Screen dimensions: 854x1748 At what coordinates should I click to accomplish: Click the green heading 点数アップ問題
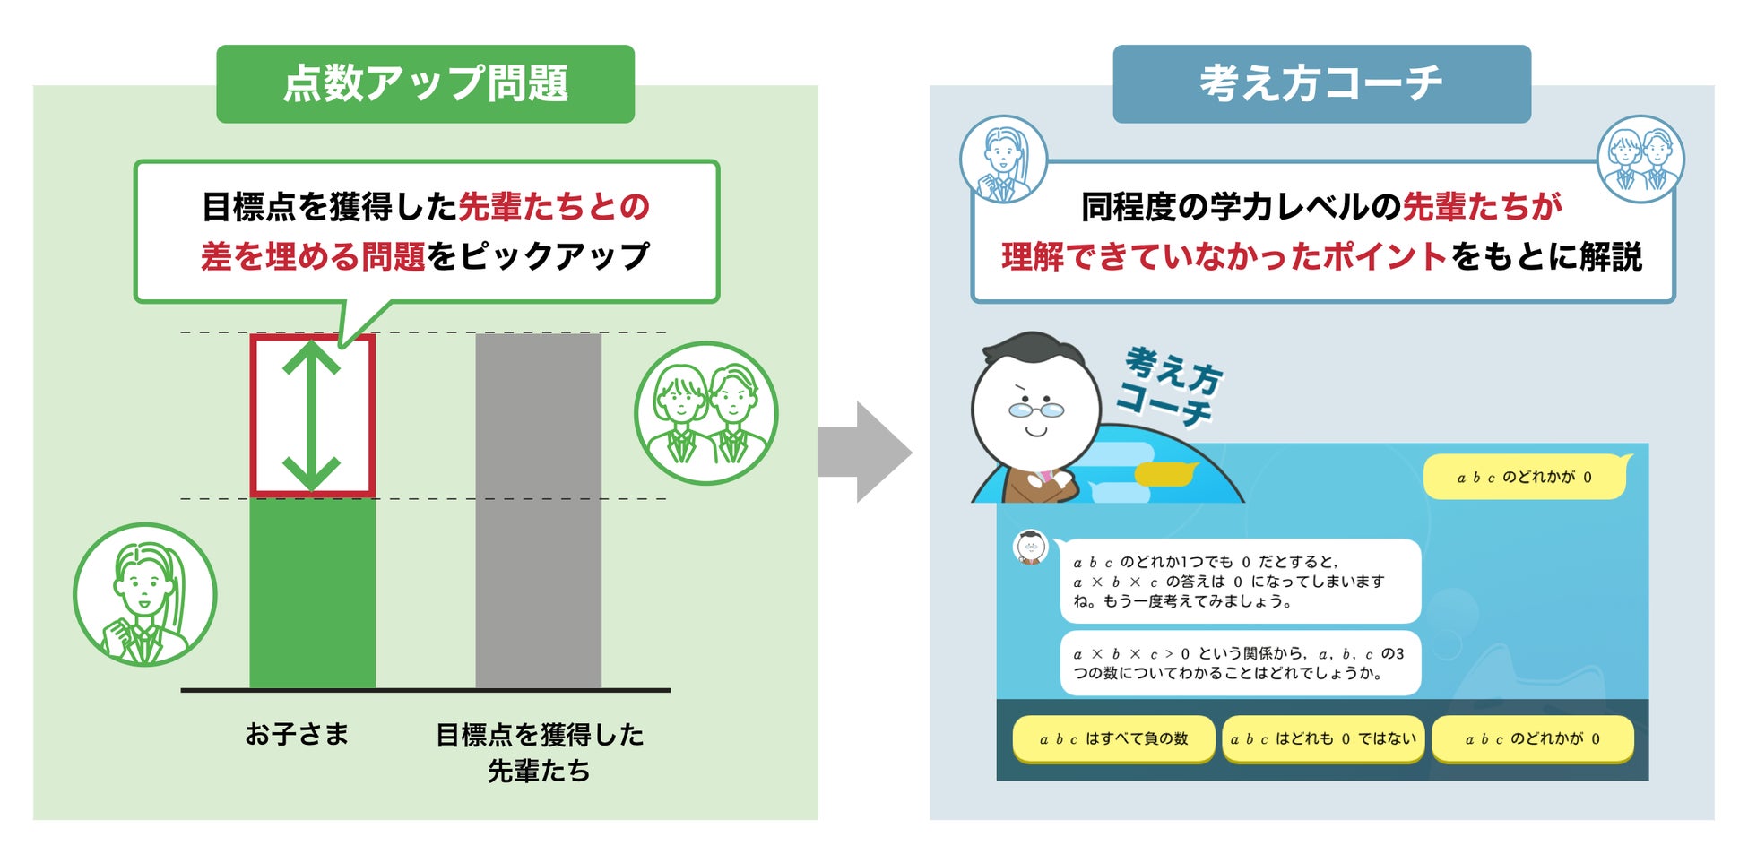[425, 83]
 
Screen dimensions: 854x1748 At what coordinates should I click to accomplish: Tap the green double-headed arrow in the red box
[311, 416]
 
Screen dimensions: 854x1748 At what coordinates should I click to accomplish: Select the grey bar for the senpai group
[538, 511]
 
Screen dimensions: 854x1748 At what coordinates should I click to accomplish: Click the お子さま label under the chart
[297, 735]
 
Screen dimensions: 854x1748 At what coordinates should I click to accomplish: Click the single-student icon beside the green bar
[144, 594]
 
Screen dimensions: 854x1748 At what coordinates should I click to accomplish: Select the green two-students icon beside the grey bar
[705, 413]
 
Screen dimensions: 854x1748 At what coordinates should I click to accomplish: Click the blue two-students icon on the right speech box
[1640, 159]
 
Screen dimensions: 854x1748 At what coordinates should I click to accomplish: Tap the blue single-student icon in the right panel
[1003, 159]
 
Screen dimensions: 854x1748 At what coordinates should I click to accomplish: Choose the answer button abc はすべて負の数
[1113, 739]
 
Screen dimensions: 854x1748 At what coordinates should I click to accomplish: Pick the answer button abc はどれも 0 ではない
[1323, 739]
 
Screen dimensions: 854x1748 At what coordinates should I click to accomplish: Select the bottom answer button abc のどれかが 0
[1532, 739]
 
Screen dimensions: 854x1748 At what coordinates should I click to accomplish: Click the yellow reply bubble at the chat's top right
[1524, 478]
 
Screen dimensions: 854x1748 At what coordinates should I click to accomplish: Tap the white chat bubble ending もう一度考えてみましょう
[1240, 582]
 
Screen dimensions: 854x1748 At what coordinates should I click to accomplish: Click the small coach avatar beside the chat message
[1030, 547]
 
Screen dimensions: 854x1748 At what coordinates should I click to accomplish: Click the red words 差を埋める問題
[313, 257]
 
